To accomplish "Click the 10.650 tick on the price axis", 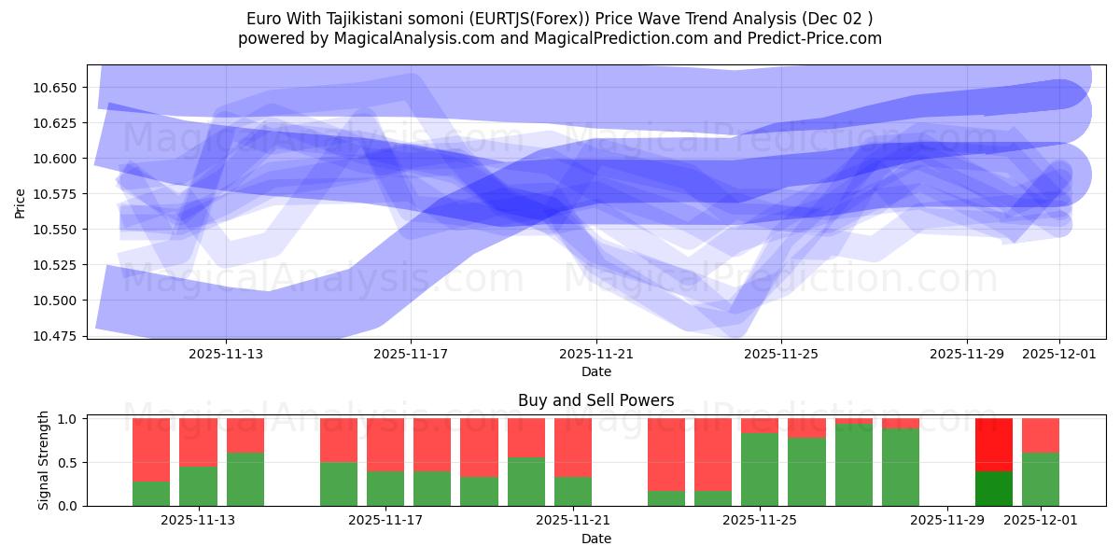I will tap(57, 88).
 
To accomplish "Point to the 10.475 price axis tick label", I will tap(57, 336).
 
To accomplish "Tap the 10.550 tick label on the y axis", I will tap(57, 230).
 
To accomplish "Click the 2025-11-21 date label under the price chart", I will tap(596, 354).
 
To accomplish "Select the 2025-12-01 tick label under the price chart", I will tap(1059, 354).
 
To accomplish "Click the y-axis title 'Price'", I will tap(21, 203).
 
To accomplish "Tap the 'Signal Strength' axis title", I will tap(44, 461).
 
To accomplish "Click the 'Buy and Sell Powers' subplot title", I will tap(596, 400).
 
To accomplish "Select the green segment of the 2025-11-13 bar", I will tap(245, 479).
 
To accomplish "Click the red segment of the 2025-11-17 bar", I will tap(385, 444).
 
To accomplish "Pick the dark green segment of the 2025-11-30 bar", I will tap(994, 488).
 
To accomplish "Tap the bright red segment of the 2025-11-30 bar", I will tap(994, 444).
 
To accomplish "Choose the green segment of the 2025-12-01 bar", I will tap(1041, 479).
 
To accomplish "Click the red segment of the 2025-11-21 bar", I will tap(573, 447).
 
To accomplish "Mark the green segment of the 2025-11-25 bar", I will tap(760, 469).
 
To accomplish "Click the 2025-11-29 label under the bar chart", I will tap(947, 521).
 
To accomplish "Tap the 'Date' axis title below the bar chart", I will tap(596, 539).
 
